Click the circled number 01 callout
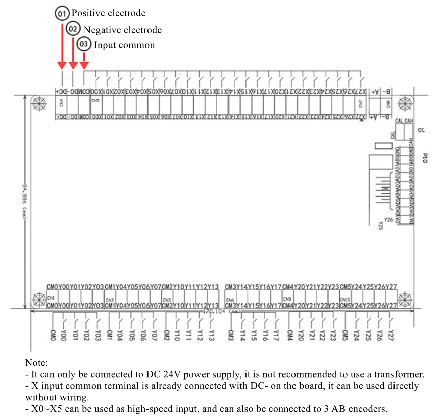point(62,13)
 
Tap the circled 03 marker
point(84,45)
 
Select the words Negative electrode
point(123,30)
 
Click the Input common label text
point(124,45)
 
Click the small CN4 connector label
point(61,104)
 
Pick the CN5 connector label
point(95,100)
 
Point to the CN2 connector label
point(109,300)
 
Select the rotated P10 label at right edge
point(425,158)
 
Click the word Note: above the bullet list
point(36,363)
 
